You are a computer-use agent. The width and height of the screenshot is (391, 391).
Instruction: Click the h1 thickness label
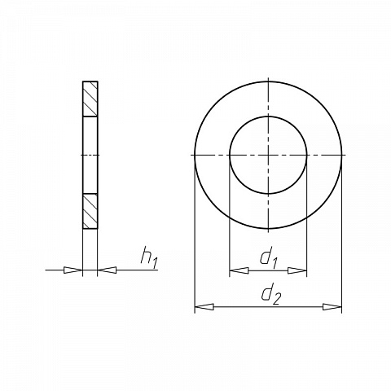click(149, 258)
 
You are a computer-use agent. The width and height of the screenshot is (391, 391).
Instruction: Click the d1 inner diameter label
click(268, 259)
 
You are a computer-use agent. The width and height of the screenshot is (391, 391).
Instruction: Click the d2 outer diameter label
click(270, 296)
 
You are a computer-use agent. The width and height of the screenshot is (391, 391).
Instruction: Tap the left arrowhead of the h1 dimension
click(72, 270)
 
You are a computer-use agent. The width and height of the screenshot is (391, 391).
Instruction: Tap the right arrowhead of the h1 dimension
click(107, 270)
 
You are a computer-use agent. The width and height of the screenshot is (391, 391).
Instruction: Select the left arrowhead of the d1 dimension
click(239, 270)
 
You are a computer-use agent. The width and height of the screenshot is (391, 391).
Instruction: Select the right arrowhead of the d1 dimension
click(297, 270)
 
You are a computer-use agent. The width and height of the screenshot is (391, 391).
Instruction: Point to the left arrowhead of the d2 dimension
click(204, 307)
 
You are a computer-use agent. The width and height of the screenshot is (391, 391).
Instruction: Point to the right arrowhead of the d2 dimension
click(332, 307)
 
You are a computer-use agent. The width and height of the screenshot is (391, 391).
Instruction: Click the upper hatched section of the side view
click(90, 99)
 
